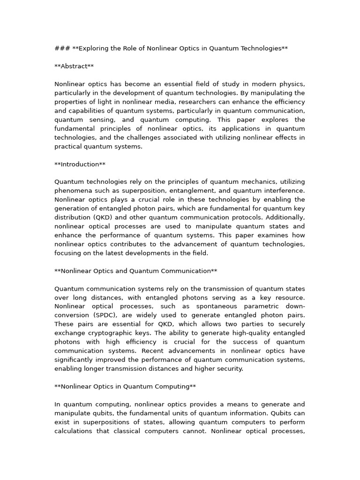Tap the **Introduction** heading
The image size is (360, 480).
80,164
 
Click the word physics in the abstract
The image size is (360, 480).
292,84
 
